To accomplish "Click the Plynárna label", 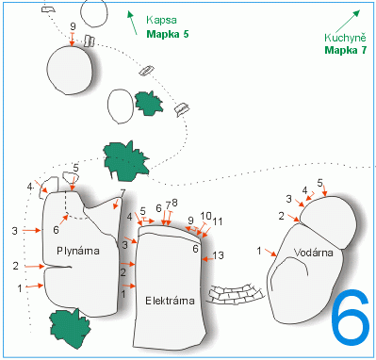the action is pyautogui.click(x=78, y=251).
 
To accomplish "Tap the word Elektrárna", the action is pyautogui.click(x=170, y=301).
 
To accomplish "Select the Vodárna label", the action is pyautogui.click(x=314, y=253).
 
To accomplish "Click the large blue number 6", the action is pyautogui.click(x=350, y=318).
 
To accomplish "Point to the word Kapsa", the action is pyautogui.click(x=161, y=21).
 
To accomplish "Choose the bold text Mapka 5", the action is pyautogui.click(x=168, y=34).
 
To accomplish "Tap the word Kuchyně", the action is pyautogui.click(x=345, y=38).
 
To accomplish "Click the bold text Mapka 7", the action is pyautogui.click(x=346, y=50).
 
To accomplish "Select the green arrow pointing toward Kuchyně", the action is pyautogui.click(x=347, y=22).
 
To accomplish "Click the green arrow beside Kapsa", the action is pyautogui.click(x=132, y=23).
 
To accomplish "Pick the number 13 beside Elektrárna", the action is pyautogui.click(x=218, y=255).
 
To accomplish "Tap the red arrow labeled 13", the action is pyautogui.click(x=207, y=259).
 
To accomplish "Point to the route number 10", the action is pyautogui.click(x=205, y=216).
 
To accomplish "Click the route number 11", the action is pyautogui.click(x=218, y=221).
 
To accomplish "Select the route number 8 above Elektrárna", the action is pyautogui.click(x=174, y=203).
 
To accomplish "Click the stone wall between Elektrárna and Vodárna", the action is pyautogui.click(x=236, y=294).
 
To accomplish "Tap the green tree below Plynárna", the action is pyautogui.click(x=71, y=328).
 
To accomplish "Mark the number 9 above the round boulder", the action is pyautogui.click(x=73, y=26).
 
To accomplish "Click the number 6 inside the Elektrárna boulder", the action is pyautogui.click(x=195, y=249).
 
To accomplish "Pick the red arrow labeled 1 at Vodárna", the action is pyautogui.click(x=270, y=253).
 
